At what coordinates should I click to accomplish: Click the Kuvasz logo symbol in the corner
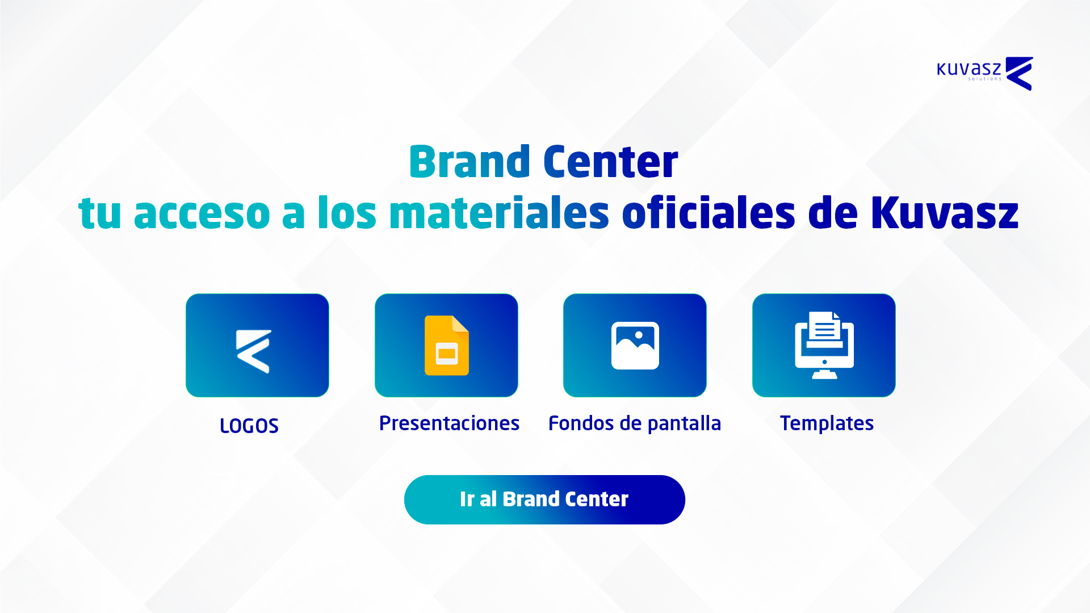pyautogui.click(x=1019, y=73)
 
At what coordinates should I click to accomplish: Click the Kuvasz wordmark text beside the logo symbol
pyautogui.click(x=969, y=70)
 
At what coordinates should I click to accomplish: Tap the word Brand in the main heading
pyautogui.click(x=469, y=162)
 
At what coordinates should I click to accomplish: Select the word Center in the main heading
pyautogui.click(x=610, y=162)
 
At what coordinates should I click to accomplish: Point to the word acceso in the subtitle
pyautogui.click(x=202, y=214)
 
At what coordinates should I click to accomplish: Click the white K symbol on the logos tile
pyautogui.click(x=254, y=351)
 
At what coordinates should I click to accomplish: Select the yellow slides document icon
pyautogui.click(x=447, y=345)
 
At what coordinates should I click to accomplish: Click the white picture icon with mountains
pyautogui.click(x=635, y=346)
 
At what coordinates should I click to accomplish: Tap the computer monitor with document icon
pyautogui.click(x=824, y=345)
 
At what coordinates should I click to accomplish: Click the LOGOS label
pyautogui.click(x=249, y=426)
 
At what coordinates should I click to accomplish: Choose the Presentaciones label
pyautogui.click(x=449, y=423)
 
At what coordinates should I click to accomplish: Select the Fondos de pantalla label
pyautogui.click(x=635, y=423)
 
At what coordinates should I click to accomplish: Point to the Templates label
pyautogui.click(x=827, y=424)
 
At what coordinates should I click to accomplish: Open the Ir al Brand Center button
pyautogui.click(x=544, y=499)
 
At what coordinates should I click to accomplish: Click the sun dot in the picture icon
pyautogui.click(x=639, y=335)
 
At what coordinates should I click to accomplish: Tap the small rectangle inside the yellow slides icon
pyautogui.click(x=447, y=354)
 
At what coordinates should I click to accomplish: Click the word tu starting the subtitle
pyautogui.click(x=100, y=214)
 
